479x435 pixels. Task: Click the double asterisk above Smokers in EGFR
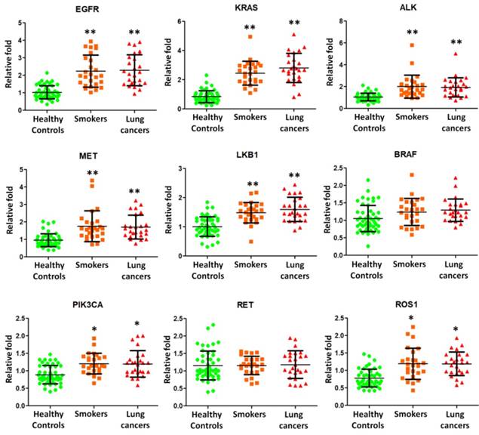[91, 32]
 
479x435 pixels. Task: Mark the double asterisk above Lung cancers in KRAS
[294, 24]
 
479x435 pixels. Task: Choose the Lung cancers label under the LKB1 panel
[295, 271]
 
